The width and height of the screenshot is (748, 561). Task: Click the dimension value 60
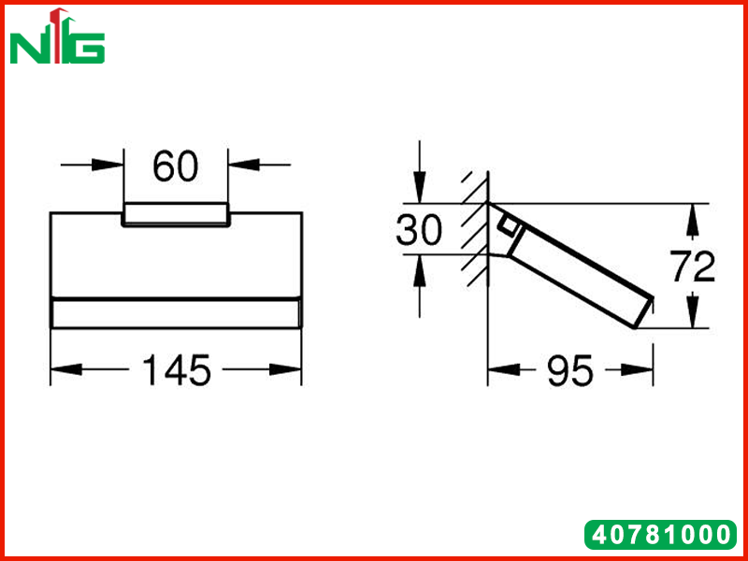click(175, 166)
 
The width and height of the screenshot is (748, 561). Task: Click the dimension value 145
click(177, 370)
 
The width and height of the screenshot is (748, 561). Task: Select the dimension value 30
click(419, 230)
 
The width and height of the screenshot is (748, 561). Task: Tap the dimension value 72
click(693, 266)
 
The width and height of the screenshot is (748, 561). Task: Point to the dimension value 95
click(570, 370)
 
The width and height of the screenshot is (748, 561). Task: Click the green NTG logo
click(57, 36)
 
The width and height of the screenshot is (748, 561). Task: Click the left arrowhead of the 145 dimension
click(65, 369)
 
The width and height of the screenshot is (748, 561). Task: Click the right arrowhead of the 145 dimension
click(286, 369)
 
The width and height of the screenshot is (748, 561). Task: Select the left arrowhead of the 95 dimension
click(503, 369)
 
